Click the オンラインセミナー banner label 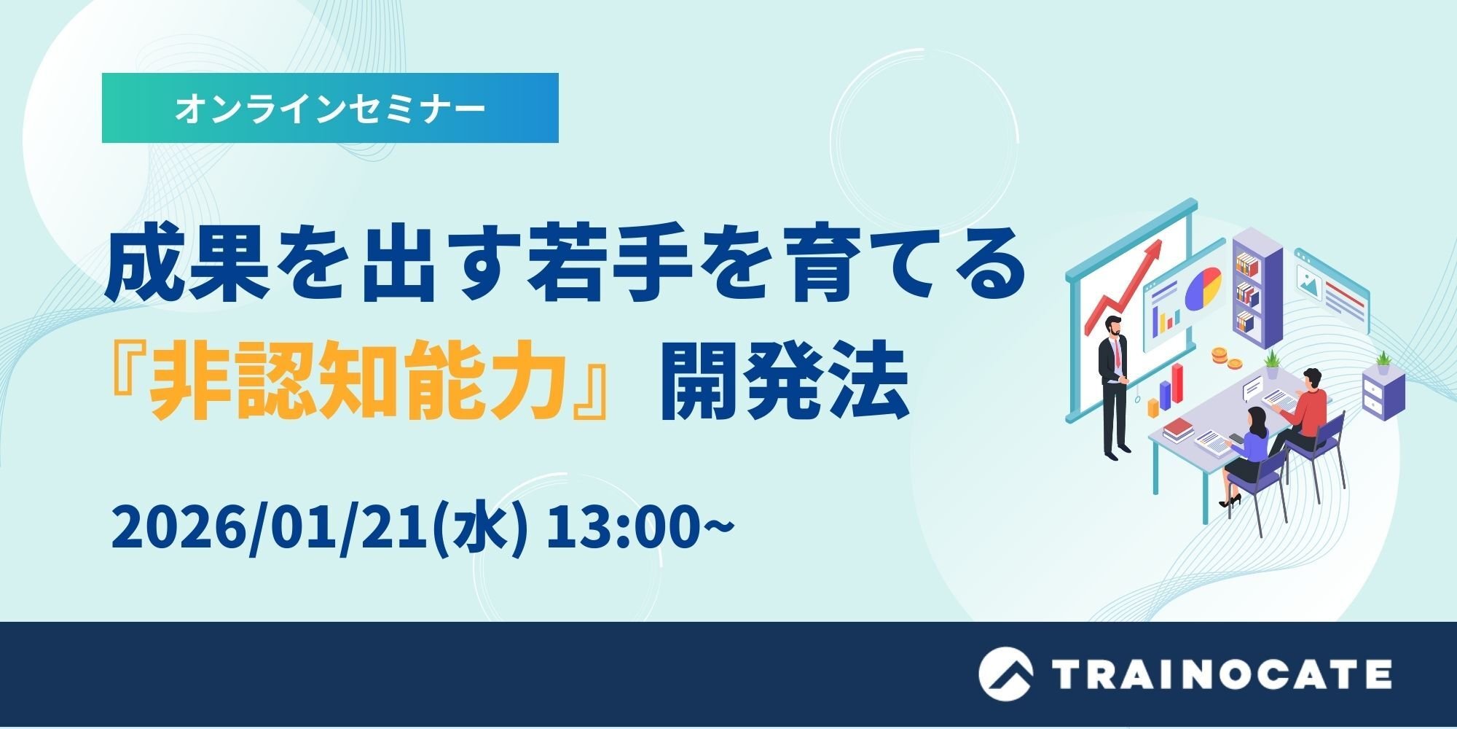coord(329,108)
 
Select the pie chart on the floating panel coord(1203,287)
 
